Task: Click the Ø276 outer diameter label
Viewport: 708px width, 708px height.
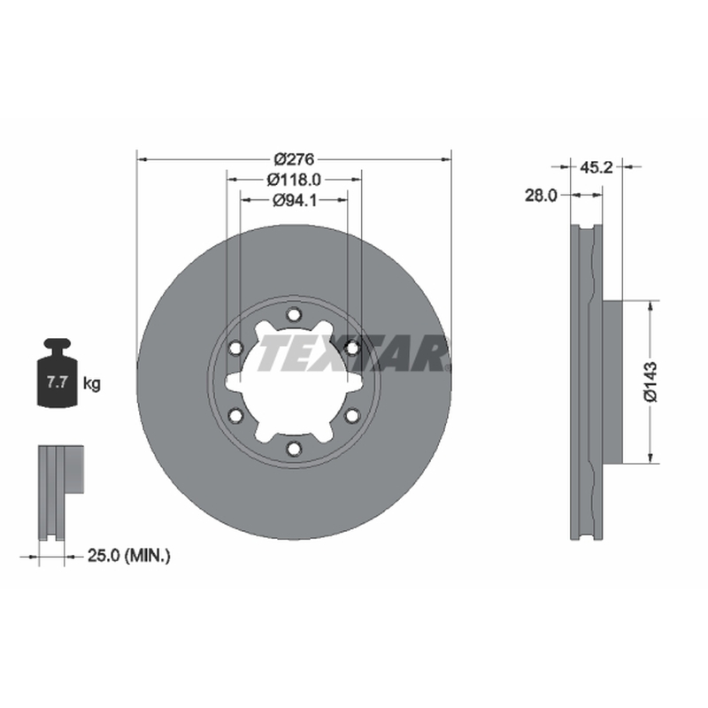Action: tap(294, 159)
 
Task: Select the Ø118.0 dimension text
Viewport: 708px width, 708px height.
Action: tap(294, 180)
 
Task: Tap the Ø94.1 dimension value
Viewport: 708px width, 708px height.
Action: tap(295, 201)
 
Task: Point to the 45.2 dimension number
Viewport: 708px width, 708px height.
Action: tap(596, 167)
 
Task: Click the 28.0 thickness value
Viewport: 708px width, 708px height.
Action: tap(541, 196)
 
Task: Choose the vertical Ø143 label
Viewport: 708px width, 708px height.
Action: tap(650, 381)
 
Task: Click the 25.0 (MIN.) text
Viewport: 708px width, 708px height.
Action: tap(128, 556)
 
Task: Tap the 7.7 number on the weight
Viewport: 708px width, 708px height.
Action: tap(58, 382)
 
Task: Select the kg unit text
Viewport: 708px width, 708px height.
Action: tap(92, 384)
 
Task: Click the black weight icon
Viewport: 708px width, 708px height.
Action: tap(58, 373)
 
